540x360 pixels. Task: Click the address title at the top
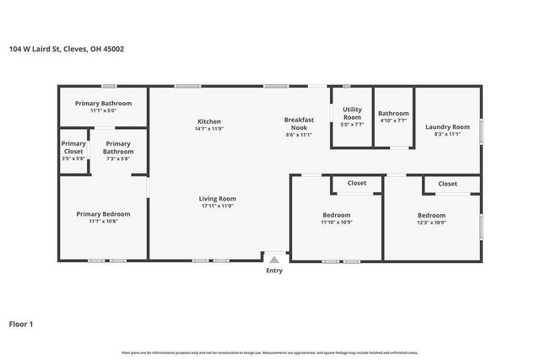pyautogui.click(x=67, y=49)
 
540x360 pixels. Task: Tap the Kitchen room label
pyautogui.click(x=209, y=121)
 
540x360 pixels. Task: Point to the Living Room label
pyautogui.click(x=217, y=198)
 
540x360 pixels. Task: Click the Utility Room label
pyautogui.click(x=352, y=113)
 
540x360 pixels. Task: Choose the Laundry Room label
pyautogui.click(x=447, y=126)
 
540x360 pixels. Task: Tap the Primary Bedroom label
pyautogui.click(x=103, y=214)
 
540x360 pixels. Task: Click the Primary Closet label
pyautogui.click(x=73, y=148)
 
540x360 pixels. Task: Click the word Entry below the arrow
pyautogui.click(x=274, y=271)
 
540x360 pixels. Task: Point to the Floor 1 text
pyautogui.click(x=21, y=324)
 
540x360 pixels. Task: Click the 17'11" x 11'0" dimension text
pyautogui.click(x=217, y=206)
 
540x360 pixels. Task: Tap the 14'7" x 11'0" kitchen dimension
pyautogui.click(x=209, y=129)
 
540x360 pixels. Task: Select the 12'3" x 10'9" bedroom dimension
pyautogui.click(x=432, y=223)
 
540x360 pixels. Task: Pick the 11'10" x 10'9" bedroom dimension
pyautogui.click(x=336, y=223)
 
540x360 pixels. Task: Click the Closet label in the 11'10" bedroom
pyautogui.click(x=356, y=183)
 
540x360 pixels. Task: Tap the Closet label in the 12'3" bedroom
pyautogui.click(x=447, y=183)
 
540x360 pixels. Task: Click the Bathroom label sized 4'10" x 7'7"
pyautogui.click(x=393, y=113)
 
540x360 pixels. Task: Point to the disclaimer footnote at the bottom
pyautogui.click(x=270, y=352)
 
